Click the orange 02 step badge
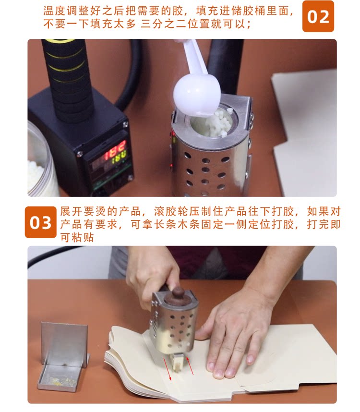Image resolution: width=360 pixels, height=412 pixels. [318, 16]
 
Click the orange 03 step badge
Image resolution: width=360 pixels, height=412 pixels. [41, 222]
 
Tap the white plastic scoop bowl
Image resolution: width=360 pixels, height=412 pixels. [197, 96]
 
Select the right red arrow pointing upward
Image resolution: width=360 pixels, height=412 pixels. [191, 365]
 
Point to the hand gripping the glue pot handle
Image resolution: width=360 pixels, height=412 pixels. [152, 273]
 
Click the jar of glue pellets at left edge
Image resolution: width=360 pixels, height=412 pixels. [39, 160]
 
